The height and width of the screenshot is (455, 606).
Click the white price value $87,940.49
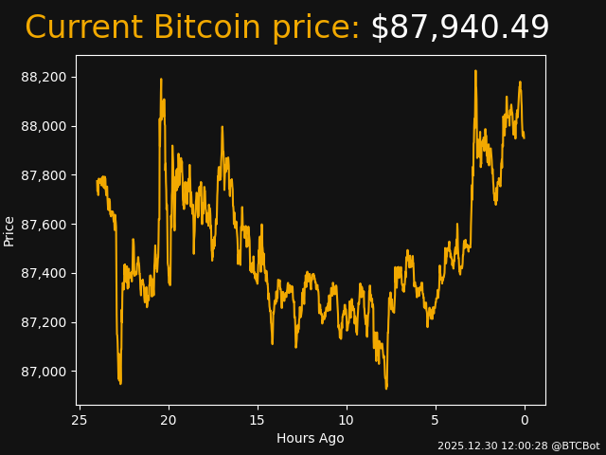pyautogui.click(x=459, y=28)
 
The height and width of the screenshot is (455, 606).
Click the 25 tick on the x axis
pyautogui.click(x=80, y=420)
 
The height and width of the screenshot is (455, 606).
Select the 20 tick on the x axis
pyautogui.click(x=169, y=420)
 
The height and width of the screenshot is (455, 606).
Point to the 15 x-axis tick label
pyautogui.click(x=258, y=420)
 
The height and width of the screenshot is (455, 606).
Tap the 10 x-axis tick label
pyautogui.click(x=347, y=420)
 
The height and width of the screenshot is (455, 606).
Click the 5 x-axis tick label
pyautogui.click(x=436, y=420)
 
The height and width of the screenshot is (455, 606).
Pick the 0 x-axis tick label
pyautogui.click(x=525, y=420)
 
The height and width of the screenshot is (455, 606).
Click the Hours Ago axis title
pyautogui.click(x=311, y=438)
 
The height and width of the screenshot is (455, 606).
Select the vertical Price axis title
pyautogui.click(x=9, y=230)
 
